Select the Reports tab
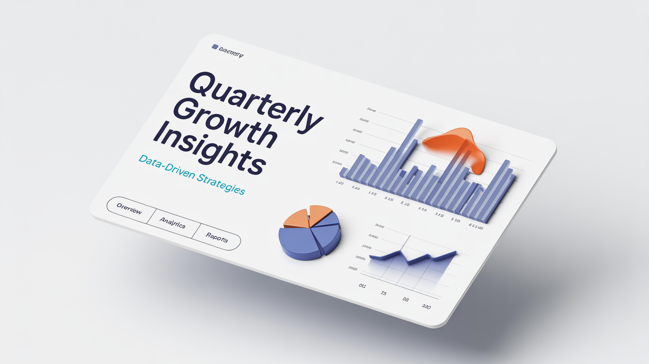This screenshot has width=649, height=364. pos(217,238)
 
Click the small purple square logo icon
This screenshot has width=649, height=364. pos(215,47)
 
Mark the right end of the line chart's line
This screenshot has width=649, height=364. pos(456,252)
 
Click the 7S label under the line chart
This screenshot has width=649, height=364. pos(384,293)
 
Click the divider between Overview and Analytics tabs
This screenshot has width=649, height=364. pos(151,216)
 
